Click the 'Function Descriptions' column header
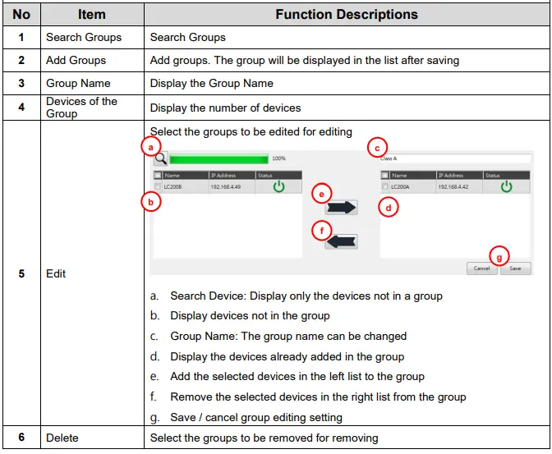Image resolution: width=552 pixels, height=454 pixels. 346,15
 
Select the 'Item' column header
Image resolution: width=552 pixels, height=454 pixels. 91,15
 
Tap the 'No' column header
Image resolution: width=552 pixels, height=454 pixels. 21,15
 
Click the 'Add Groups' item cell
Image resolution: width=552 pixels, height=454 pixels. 76,60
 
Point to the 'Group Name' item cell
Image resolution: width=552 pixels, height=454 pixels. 78,83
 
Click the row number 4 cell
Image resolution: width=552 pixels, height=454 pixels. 21,107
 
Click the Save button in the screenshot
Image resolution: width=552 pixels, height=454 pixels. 515,268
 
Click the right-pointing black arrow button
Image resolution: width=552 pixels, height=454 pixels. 341,208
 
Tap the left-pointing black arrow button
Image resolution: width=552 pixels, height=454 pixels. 341,241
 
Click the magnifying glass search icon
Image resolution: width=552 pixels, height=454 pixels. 160,158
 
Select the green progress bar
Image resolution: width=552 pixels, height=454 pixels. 218,158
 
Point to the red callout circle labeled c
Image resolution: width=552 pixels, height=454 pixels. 376,148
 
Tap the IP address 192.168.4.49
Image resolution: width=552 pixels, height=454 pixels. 226,187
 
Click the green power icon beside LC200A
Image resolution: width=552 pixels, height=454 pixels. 506,187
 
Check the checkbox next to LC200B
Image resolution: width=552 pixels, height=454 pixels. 158,187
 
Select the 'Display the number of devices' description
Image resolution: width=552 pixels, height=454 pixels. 225,107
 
